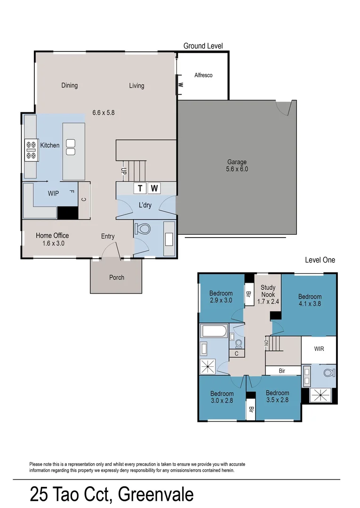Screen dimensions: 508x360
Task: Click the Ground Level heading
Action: pyautogui.click(x=203, y=46)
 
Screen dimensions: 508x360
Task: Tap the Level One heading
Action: pyautogui.click(x=320, y=260)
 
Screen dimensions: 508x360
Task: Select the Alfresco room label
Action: pyautogui.click(x=203, y=75)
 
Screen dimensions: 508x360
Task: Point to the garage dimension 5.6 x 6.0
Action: pyautogui.click(x=237, y=169)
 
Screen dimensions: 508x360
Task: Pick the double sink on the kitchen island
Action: pyautogui.click(x=71, y=147)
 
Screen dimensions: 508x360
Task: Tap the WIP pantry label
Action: pyautogui.click(x=53, y=193)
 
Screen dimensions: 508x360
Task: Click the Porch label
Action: pyautogui.click(x=117, y=277)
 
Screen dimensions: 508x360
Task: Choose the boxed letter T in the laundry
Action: pyautogui.click(x=140, y=189)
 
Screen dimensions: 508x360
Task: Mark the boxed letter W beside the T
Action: pyautogui.click(x=154, y=189)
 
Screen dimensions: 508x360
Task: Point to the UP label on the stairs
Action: pyautogui.click(x=124, y=171)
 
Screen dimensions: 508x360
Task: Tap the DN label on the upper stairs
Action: pyautogui.click(x=266, y=343)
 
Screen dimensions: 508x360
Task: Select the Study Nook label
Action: pyautogui.click(x=268, y=291)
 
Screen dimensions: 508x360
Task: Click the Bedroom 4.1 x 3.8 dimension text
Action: pyautogui.click(x=310, y=304)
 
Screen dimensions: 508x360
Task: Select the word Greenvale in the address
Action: pyautogui.click(x=155, y=495)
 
